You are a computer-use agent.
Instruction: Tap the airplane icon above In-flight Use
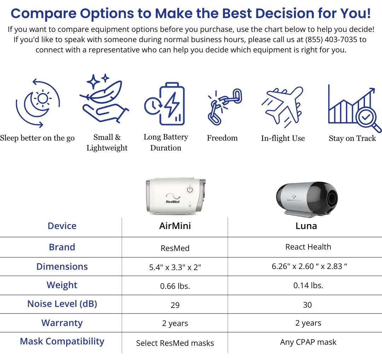(283, 107)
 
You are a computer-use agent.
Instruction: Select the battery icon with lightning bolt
(165, 104)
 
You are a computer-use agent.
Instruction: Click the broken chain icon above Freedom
(225, 107)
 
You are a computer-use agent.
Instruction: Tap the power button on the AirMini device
(190, 190)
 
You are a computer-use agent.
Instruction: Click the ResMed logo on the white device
(173, 198)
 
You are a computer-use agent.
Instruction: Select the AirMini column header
(175, 226)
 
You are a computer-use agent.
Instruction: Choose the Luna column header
(306, 226)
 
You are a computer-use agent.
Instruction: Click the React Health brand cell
(308, 247)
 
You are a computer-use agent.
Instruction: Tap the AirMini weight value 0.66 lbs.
(175, 286)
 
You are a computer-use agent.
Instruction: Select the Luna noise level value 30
(307, 305)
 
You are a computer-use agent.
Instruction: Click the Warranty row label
(62, 323)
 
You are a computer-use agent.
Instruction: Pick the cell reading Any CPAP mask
(308, 342)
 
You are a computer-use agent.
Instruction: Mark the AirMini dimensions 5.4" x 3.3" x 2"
(175, 267)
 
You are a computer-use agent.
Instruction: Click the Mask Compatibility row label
(62, 342)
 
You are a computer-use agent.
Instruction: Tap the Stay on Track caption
(352, 138)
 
